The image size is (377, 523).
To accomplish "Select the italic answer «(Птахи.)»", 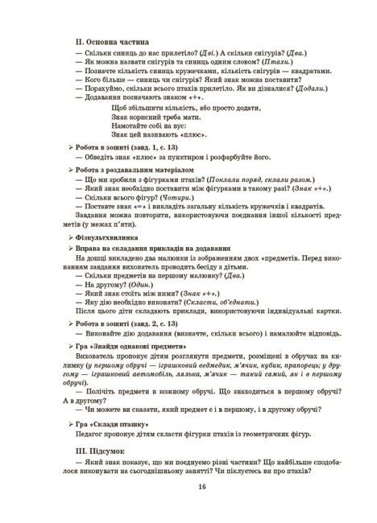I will pos(246,60).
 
